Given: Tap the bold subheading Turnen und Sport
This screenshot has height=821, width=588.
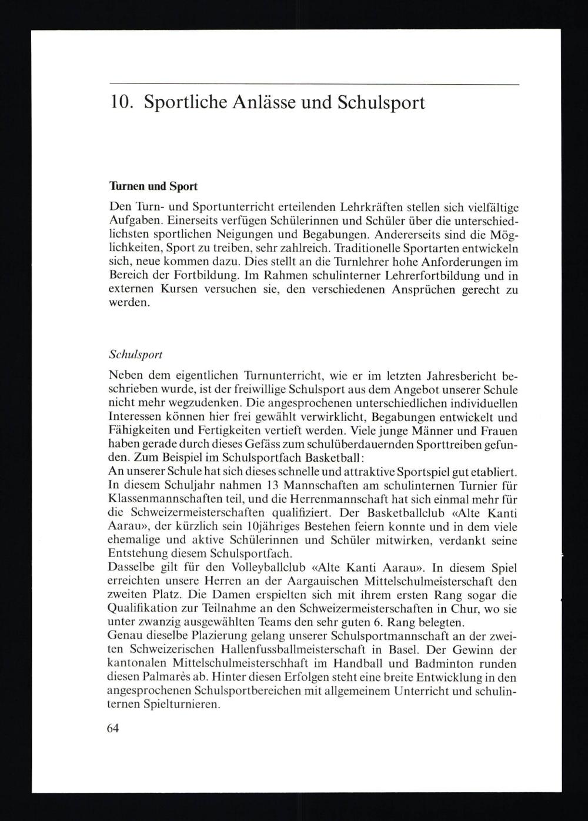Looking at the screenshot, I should pyautogui.click(x=153, y=187).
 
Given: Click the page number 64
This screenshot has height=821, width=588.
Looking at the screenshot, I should pyautogui.click(x=113, y=728).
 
